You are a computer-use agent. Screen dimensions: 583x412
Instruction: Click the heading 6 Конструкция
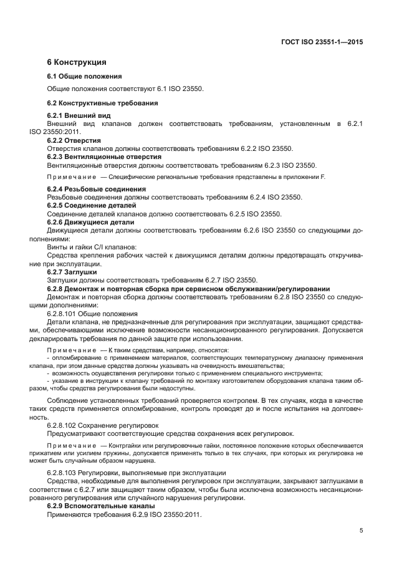(77, 62)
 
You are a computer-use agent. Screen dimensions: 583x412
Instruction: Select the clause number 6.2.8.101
(61, 312)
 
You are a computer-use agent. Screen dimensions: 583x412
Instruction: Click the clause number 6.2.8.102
(61, 425)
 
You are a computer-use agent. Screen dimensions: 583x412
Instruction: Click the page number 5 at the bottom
(361, 531)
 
